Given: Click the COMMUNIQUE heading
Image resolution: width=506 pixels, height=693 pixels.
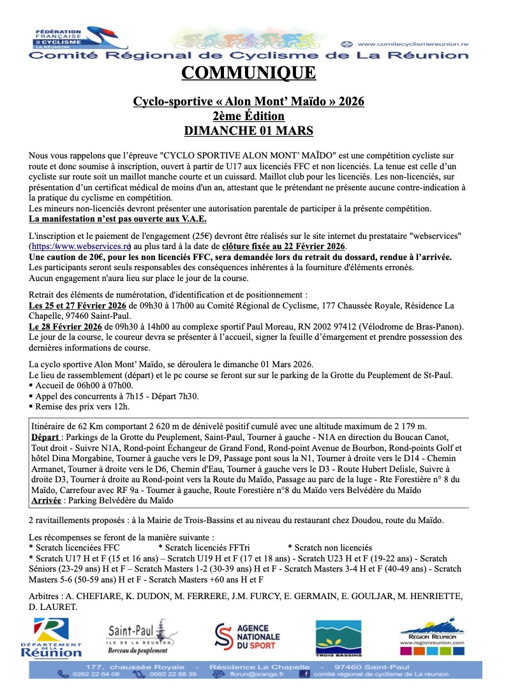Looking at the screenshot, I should coord(248,73).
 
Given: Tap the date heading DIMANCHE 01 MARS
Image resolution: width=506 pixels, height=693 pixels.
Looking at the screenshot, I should coord(248,131).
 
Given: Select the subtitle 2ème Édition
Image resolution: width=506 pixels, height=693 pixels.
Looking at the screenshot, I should coord(248,116).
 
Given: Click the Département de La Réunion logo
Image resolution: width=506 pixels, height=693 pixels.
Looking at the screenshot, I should coord(51,637).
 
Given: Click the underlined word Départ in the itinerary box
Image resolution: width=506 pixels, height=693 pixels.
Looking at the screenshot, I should coord(46,438).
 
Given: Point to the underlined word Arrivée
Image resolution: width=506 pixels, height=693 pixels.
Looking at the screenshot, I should coord(46,501).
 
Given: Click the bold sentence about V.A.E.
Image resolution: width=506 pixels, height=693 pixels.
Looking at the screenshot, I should coord(115,219).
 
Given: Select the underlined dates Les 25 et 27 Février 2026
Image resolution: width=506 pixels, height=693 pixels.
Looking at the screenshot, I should coord(78,306).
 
